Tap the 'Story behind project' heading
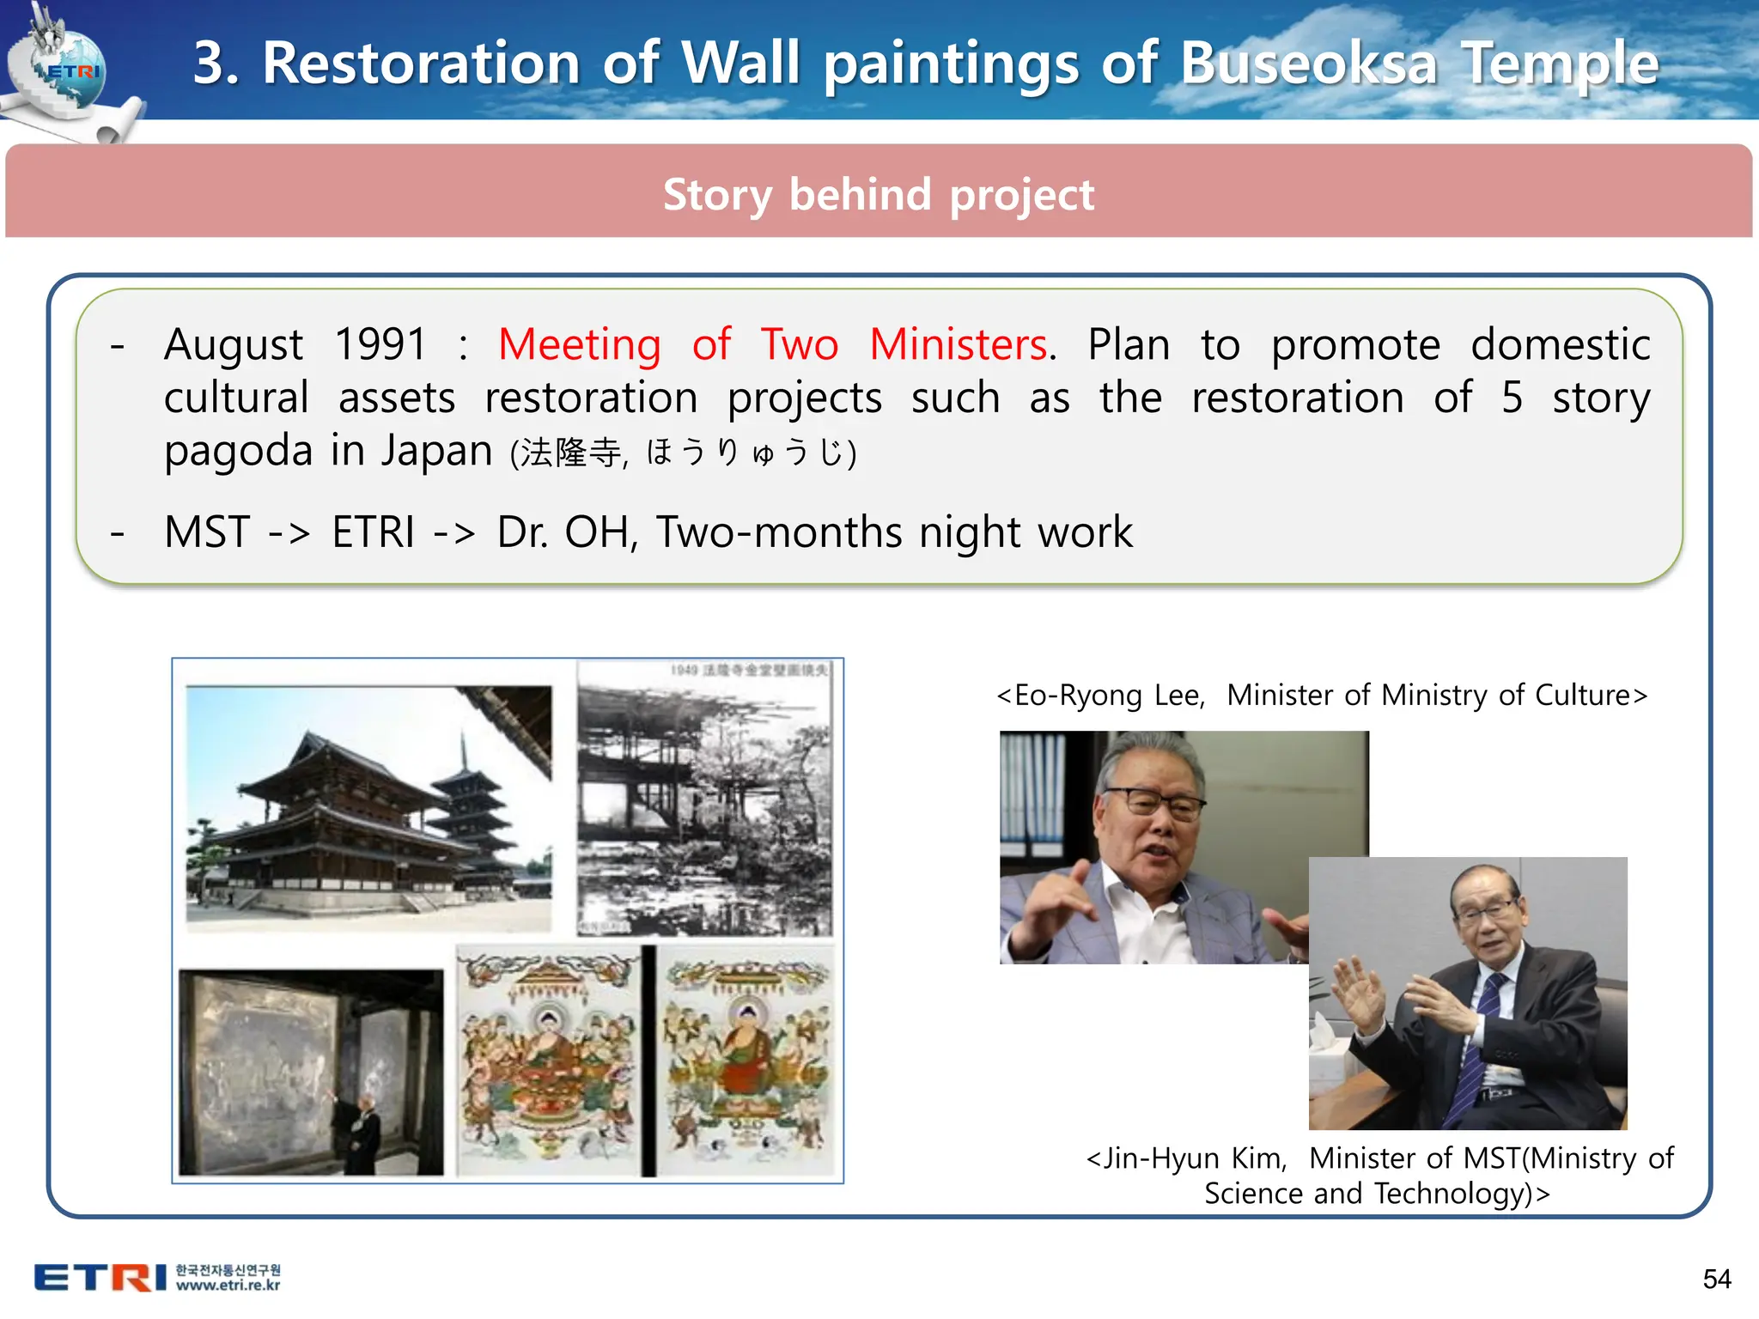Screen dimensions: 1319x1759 (878, 194)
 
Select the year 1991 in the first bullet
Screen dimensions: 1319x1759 (380, 345)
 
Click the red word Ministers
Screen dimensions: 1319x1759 (959, 345)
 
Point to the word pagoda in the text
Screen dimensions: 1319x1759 (238, 452)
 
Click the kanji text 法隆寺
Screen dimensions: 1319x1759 (569, 453)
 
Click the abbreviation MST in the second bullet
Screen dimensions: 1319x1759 (207, 532)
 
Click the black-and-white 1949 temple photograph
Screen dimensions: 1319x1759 (704, 799)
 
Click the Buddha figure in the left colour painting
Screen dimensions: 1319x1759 (548, 1042)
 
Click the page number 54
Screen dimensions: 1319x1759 (1716, 1279)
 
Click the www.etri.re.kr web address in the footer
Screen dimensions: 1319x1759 (228, 1286)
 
